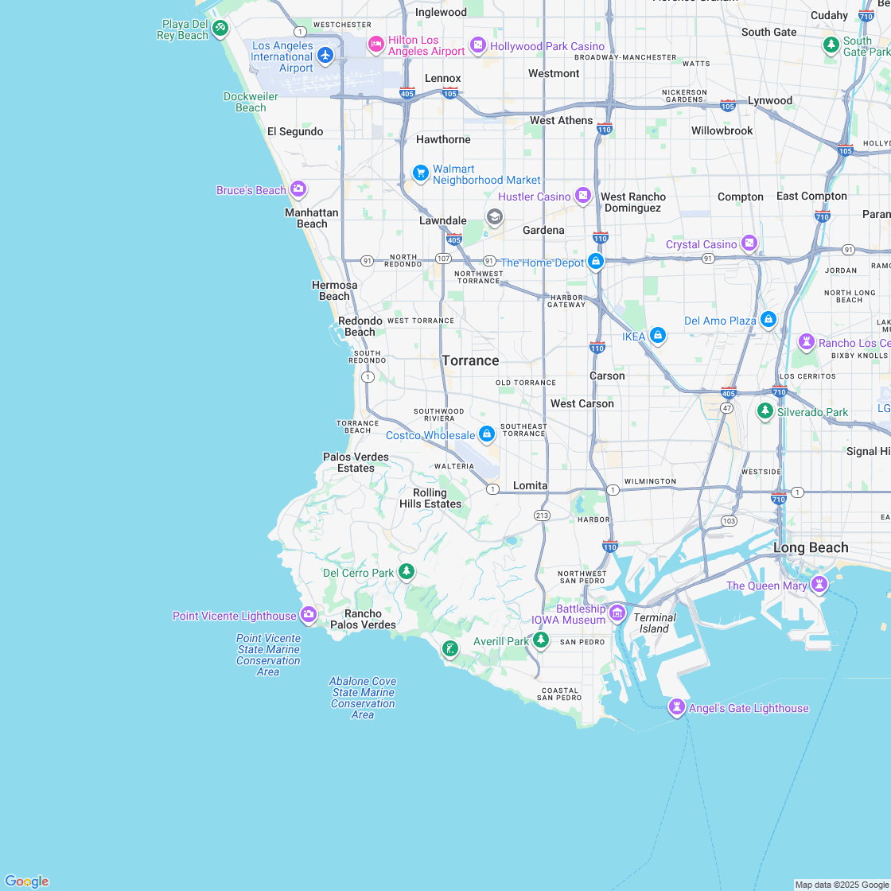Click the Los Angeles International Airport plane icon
(325, 55)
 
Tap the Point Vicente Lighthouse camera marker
(308, 614)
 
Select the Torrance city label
(470, 360)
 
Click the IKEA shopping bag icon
(657, 336)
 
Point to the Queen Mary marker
(819, 585)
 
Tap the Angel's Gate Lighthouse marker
(677, 707)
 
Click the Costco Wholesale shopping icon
(486, 434)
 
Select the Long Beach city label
(811, 547)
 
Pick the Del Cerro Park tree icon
(407, 571)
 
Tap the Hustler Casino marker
(583, 196)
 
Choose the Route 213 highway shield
(543, 516)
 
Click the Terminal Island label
(655, 623)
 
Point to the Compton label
(740, 196)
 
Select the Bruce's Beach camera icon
(298, 189)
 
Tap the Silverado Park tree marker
(765, 411)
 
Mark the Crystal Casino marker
(749, 243)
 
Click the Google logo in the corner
(27, 881)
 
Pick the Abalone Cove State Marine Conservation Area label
(363, 698)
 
